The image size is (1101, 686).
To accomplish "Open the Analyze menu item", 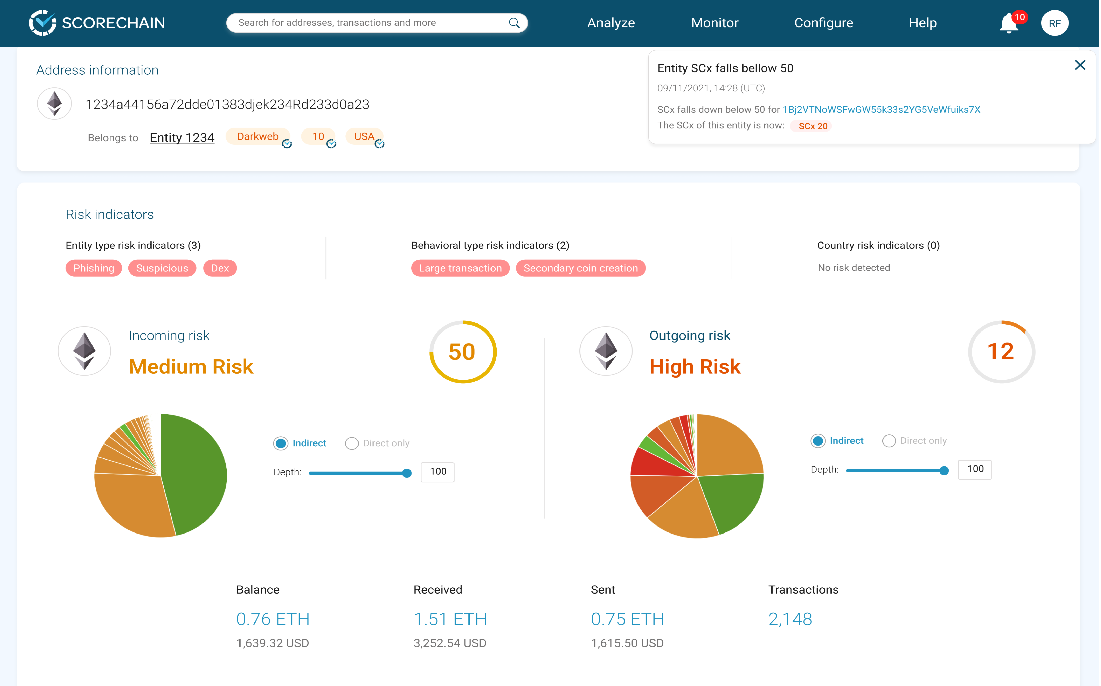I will (x=611, y=23).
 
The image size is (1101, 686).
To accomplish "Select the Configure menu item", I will (x=823, y=23).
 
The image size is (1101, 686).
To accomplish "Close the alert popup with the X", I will (x=1080, y=65).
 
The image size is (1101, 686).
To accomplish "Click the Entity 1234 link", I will (x=182, y=137).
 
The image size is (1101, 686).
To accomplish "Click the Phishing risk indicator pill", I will (x=94, y=268).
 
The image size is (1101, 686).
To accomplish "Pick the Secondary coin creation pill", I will (x=581, y=268).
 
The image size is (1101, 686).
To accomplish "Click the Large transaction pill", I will (x=460, y=268).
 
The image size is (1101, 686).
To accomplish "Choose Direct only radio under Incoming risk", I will (x=352, y=443).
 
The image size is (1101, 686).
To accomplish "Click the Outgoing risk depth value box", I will (x=974, y=469).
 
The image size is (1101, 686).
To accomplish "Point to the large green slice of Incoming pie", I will (x=195, y=472).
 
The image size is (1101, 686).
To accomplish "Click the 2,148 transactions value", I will (x=790, y=619).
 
